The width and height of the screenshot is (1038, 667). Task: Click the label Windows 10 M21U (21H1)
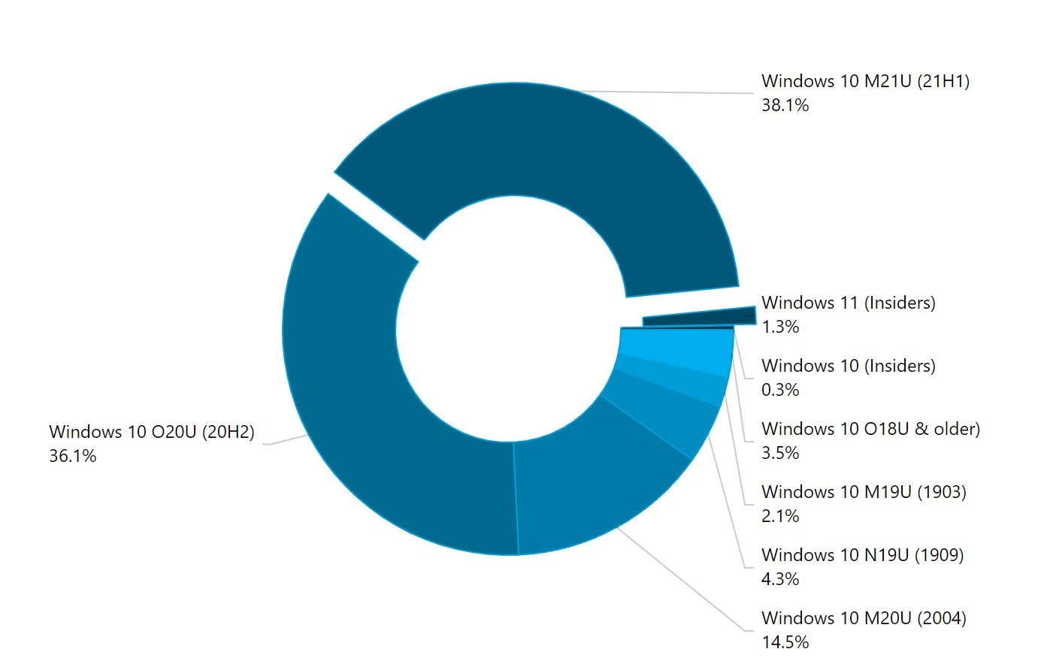865,81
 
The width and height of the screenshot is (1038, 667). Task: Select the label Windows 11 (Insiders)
848,303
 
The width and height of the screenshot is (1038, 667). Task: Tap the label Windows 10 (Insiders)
848,366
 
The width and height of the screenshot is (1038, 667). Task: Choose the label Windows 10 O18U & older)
870,429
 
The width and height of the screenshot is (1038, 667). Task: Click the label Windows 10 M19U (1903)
864,492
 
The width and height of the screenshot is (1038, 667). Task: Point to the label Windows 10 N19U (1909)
862,555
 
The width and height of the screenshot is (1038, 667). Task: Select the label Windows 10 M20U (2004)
864,618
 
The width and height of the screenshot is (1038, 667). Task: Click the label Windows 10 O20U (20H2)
152,432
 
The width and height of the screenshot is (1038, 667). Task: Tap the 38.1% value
785,105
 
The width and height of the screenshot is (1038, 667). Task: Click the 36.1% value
73,456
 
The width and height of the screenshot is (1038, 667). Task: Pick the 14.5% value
785,642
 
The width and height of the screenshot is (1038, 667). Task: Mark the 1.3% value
780,327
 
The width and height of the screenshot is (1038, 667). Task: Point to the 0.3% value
780,390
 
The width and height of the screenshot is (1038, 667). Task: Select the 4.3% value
780,579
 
